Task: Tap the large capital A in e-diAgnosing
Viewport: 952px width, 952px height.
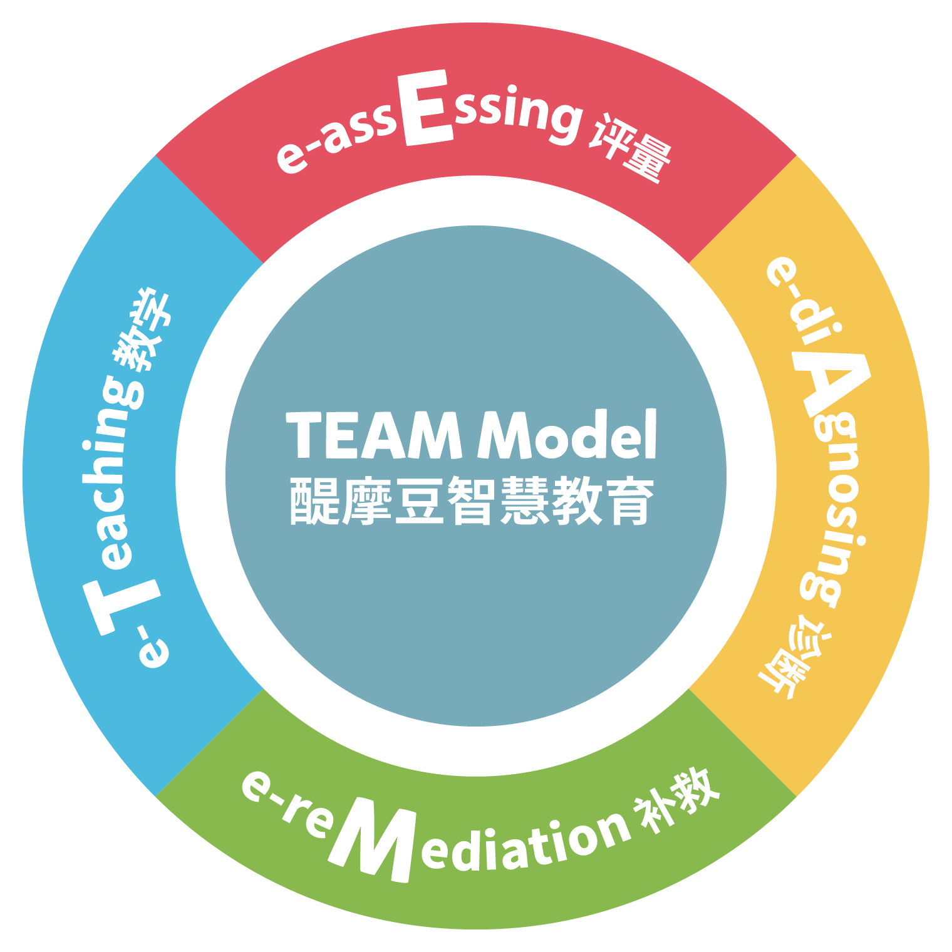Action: pyautogui.click(x=830, y=385)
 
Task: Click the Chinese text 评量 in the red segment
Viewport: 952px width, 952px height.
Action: pyautogui.click(x=630, y=148)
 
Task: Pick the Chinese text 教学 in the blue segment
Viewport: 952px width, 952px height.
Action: pyautogui.click(x=142, y=329)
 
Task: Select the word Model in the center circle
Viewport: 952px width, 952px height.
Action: pyautogui.click(x=567, y=435)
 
